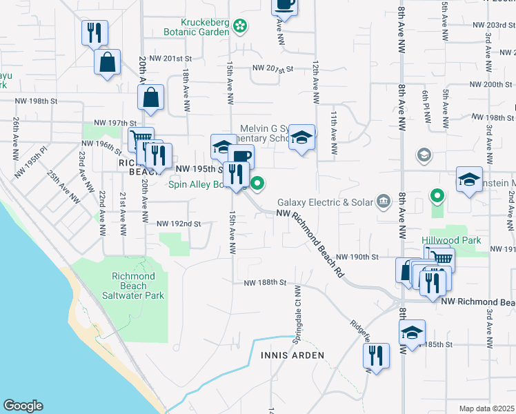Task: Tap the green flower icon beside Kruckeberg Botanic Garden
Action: tap(240, 26)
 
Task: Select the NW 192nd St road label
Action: tap(179, 224)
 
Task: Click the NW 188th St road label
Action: tap(264, 282)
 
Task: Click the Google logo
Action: tap(23, 406)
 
